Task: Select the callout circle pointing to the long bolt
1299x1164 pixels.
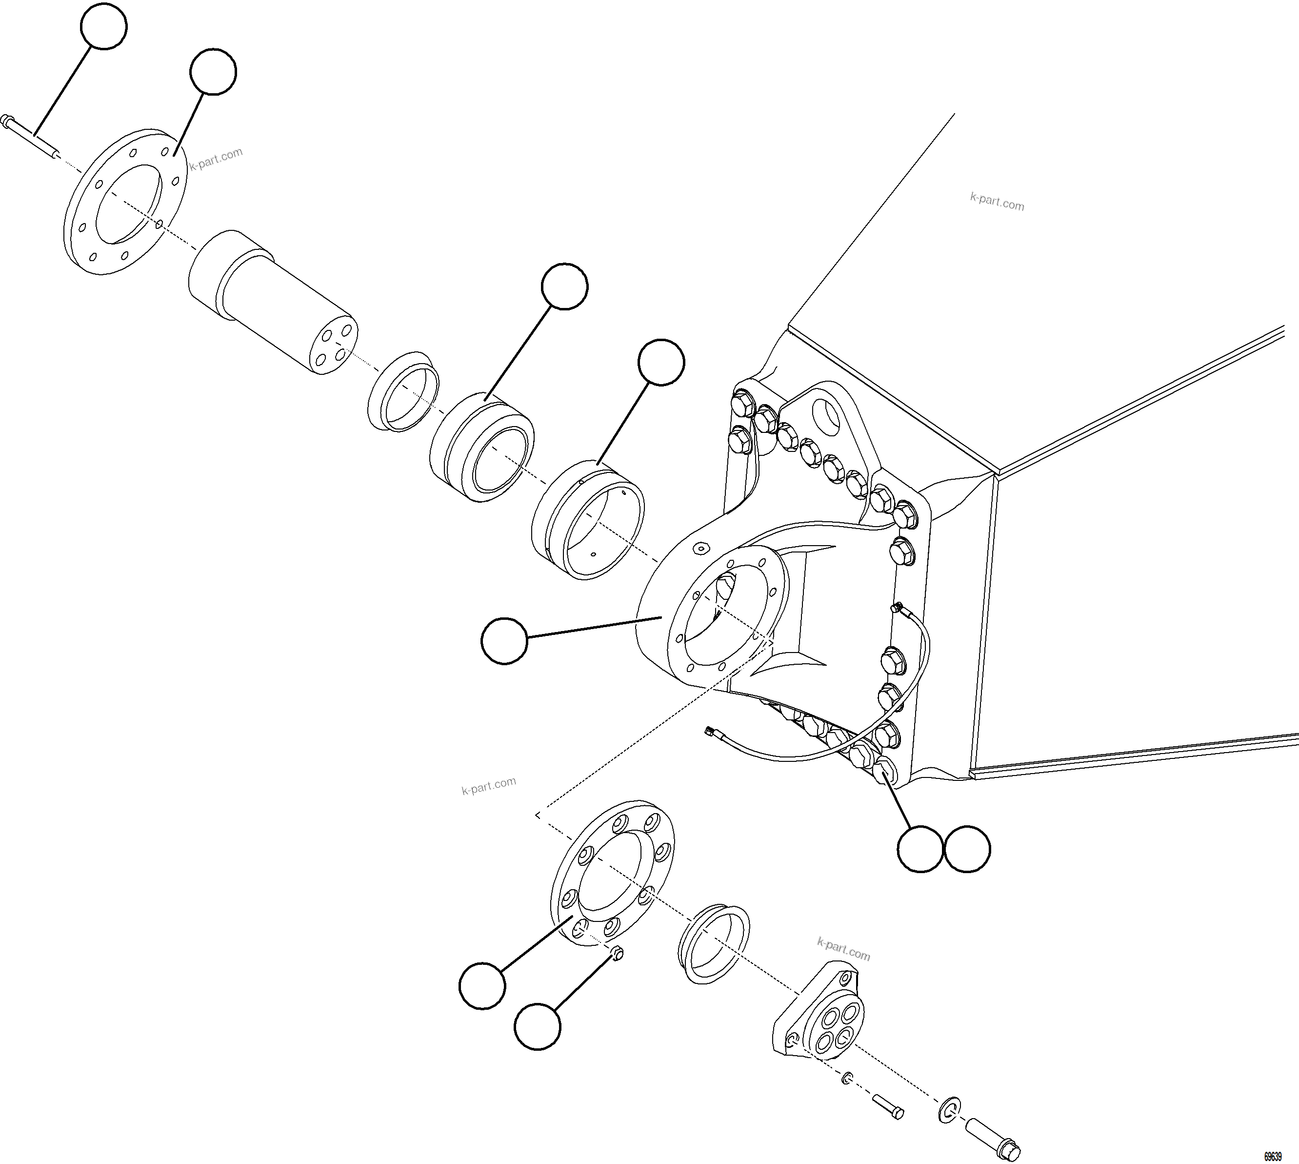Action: [103, 26]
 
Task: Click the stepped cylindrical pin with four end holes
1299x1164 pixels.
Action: [272, 301]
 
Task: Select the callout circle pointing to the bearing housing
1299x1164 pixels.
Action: [504, 641]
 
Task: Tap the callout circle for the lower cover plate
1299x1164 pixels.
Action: [482, 986]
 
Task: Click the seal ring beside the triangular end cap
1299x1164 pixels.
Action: [713, 943]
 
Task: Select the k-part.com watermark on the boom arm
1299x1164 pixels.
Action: [997, 202]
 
